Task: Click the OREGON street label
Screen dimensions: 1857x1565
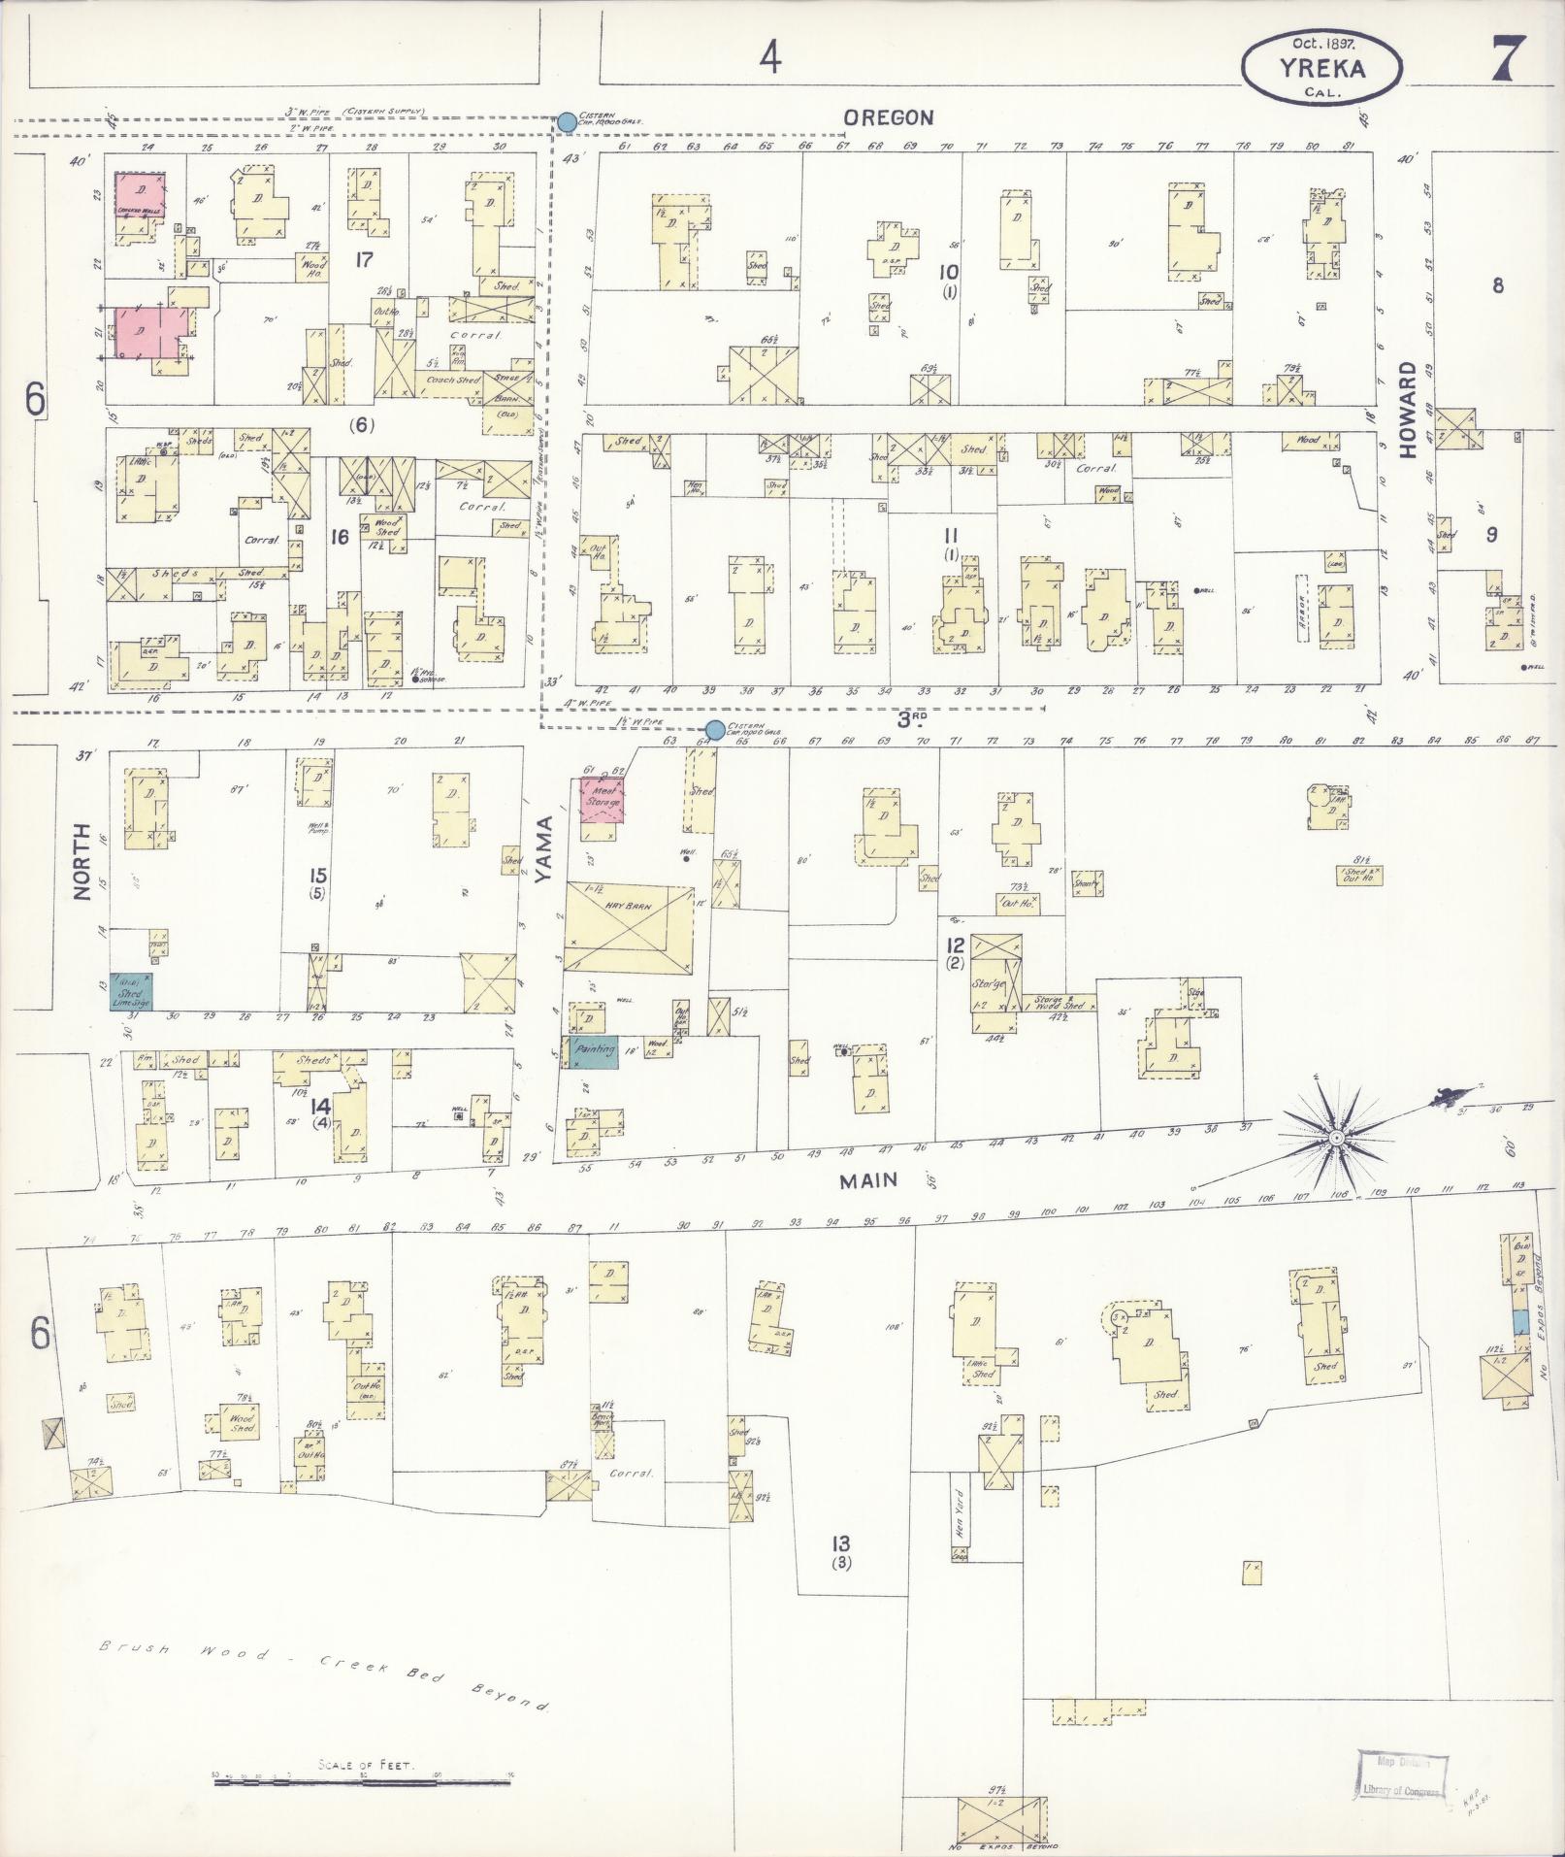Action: click(x=888, y=117)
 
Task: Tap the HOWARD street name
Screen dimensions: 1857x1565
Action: click(x=1408, y=410)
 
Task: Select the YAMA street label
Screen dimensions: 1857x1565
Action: click(x=543, y=849)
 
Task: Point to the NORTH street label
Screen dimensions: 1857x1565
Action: click(x=82, y=861)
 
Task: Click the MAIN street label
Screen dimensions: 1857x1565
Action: click(x=868, y=1180)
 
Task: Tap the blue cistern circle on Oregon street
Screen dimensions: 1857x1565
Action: click(x=567, y=121)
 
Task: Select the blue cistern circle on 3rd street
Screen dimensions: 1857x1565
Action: click(x=715, y=729)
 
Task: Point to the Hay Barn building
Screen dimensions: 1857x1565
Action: click(x=629, y=926)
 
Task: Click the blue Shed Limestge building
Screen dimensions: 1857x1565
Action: click(x=130, y=992)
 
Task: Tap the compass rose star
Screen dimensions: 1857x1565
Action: click(x=1336, y=1136)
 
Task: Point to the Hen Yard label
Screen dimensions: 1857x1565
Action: click(x=960, y=1510)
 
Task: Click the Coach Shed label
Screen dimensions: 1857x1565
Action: click(x=454, y=380)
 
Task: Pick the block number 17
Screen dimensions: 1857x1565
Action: click(x=365, y=259)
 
